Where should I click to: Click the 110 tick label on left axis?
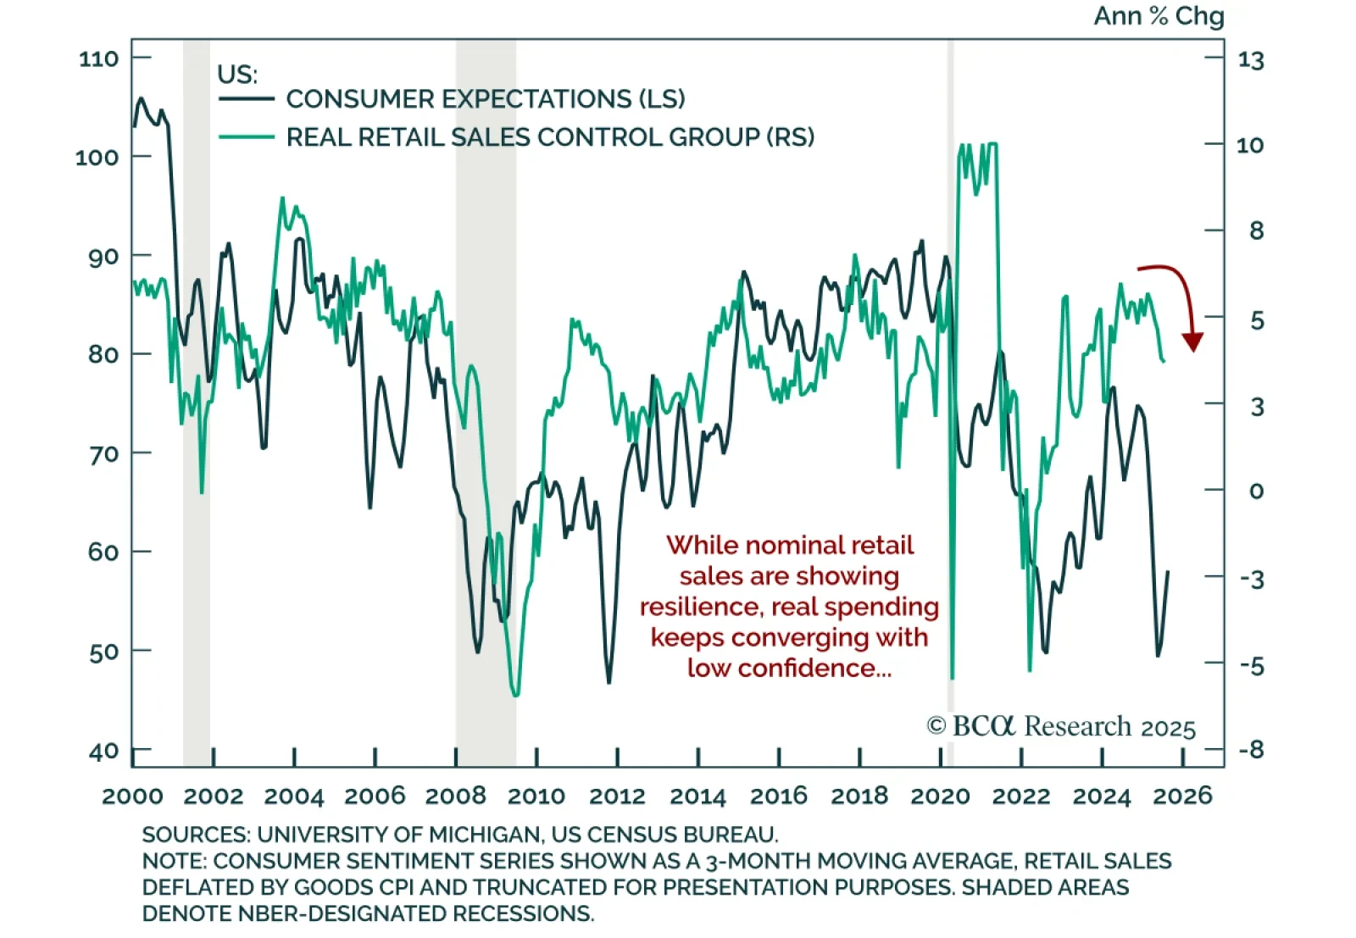tap(98, 58)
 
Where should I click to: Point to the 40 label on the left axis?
tap(103, 751)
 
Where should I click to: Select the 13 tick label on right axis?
tap(1250, 60)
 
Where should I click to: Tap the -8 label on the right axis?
tap(1251, 749)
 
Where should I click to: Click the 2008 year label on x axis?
tap(455, 796)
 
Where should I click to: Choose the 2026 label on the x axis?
tap(1183, 796)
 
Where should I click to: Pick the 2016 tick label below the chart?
tap(778, 796)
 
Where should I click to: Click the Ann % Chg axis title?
tap(1159, 16)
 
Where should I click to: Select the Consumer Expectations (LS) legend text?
tap(485, 99)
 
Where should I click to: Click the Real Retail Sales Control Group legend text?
tap(549, 137)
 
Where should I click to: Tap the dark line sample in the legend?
tap(246, 99)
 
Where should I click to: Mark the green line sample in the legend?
tap(246, 136)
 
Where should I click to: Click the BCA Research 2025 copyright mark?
tap(1060, 727)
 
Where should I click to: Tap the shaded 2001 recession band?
tap(197, 424)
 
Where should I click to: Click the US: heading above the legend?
tap(237, 75)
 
